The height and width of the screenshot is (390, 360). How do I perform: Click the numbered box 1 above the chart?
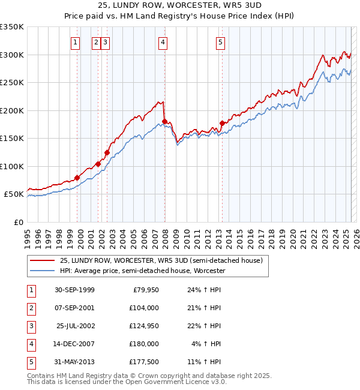coord(75,42)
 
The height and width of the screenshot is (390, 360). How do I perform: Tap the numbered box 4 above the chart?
coord(163,42)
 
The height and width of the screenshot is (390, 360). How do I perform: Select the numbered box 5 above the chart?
coord(221,42)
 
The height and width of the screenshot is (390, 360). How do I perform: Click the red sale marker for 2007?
coord(164,122)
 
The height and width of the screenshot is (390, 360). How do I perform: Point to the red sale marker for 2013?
coord(222,123)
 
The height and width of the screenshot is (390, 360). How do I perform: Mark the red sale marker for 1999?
coord(77,178)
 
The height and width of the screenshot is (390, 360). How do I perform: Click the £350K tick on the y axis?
coord(12,27)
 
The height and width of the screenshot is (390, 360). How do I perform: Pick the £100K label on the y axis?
coord(12,166)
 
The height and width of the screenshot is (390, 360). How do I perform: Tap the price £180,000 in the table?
coord(145,344)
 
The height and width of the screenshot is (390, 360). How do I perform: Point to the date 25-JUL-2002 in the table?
coord(75,326)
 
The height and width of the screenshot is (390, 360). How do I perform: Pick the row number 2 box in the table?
coord(30,308)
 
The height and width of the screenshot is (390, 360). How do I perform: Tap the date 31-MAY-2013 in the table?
coord(74,362)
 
